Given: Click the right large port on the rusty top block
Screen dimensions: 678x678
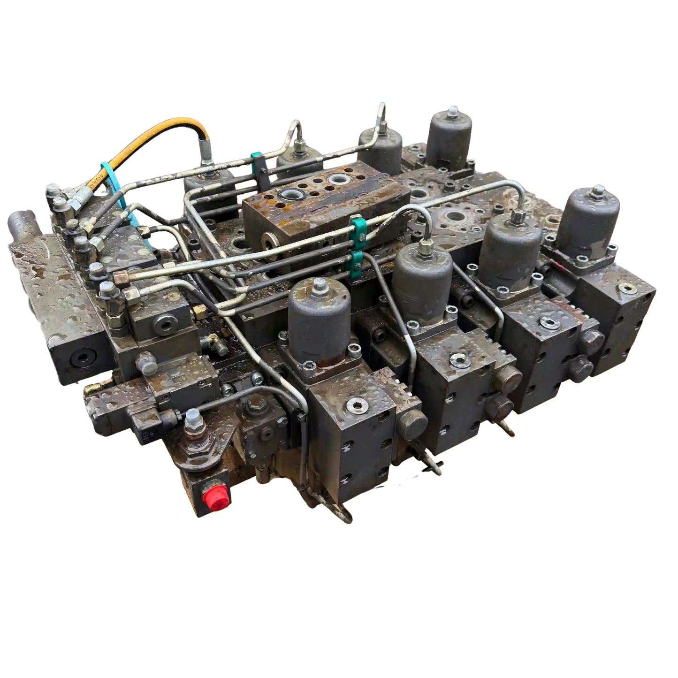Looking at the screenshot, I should click(x=337, y=179).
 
